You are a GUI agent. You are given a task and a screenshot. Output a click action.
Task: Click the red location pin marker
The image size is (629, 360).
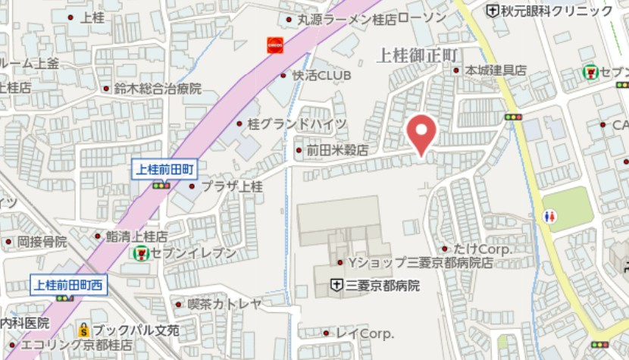pos(421,134)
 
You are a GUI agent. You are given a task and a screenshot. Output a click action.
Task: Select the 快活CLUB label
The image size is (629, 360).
pos(322,76)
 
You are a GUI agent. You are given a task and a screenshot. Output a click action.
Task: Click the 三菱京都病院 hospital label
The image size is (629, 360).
pos(382,286)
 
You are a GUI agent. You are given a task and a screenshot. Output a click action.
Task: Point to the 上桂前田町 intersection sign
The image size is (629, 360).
pos(164,169)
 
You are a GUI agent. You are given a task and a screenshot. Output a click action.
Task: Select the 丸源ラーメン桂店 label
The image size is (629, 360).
pos(346,19)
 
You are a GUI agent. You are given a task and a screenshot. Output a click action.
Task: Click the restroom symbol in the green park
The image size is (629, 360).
pos(551,216)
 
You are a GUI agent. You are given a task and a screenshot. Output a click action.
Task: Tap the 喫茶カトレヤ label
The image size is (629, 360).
pos(224,304)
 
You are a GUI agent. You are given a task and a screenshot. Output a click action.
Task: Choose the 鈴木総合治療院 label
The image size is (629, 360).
pos(158,89)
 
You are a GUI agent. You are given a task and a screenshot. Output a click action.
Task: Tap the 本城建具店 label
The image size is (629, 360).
pos(496,70)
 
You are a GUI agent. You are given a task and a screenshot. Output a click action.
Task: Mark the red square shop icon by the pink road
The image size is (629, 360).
pos(274,45)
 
